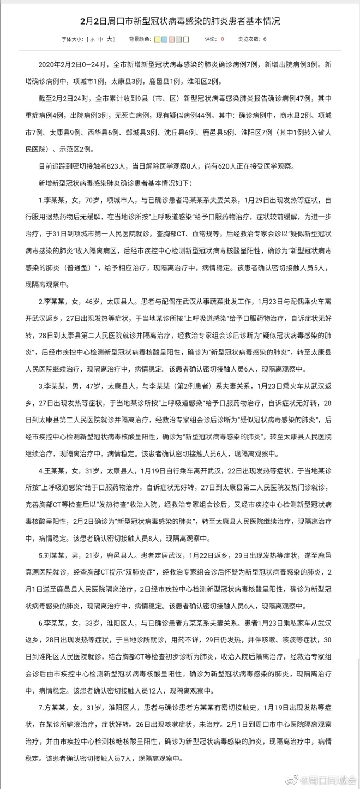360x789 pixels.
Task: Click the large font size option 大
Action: (110, 39)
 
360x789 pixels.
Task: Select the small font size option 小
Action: (92, 39)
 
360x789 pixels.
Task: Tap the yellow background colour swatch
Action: (157, 39)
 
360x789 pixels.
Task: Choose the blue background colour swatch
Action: (164, 39)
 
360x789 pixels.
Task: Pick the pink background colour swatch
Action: (172, 39)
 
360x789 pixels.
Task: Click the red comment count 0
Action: (222, 39)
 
